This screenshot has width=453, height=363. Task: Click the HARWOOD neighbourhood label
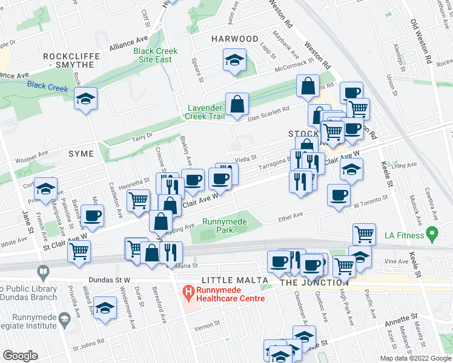pos(235,39)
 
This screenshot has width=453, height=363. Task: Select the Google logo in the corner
pos(21,356)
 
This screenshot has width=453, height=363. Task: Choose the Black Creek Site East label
pos(156,55)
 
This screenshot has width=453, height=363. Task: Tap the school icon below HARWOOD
pos(234,61)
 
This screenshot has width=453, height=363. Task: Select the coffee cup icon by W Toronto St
pos(338,195)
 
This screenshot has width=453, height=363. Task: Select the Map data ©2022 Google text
pos(415,358)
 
